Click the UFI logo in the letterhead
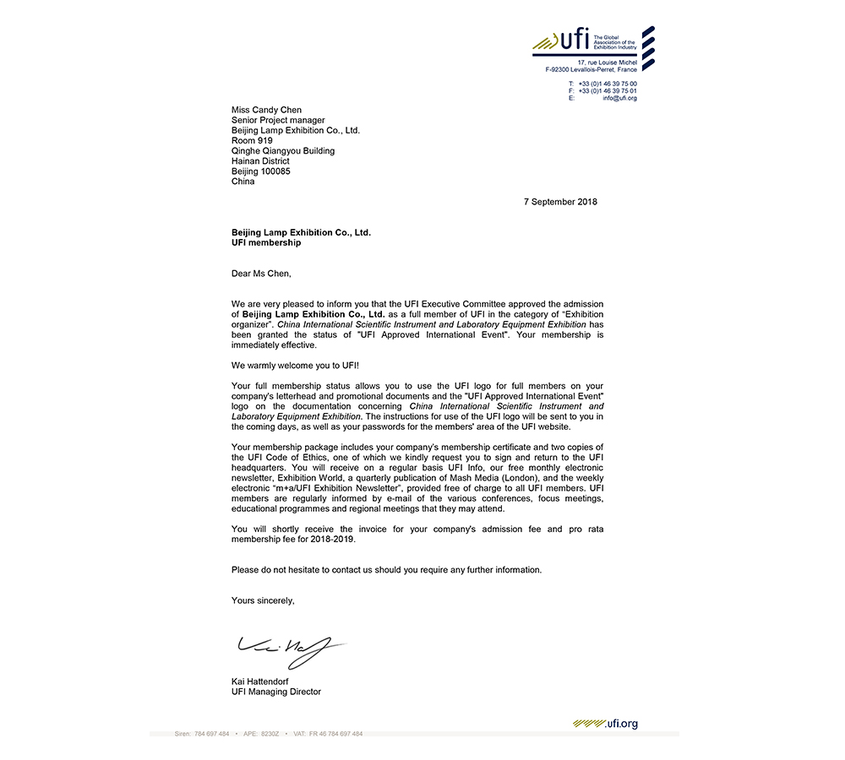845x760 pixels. [x=561, y=40]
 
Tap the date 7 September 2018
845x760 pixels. [x=560, y=202]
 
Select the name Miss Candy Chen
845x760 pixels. [x=266, y=110]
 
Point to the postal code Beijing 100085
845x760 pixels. [x=261, y=171]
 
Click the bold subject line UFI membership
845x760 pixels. [x=266, y=242]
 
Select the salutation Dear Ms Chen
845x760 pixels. [x=261, y=273]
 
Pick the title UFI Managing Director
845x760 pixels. [x=276, y=692]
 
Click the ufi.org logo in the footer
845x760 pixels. [x=605, y=723]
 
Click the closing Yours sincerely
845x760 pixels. [x=263, y=600]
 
